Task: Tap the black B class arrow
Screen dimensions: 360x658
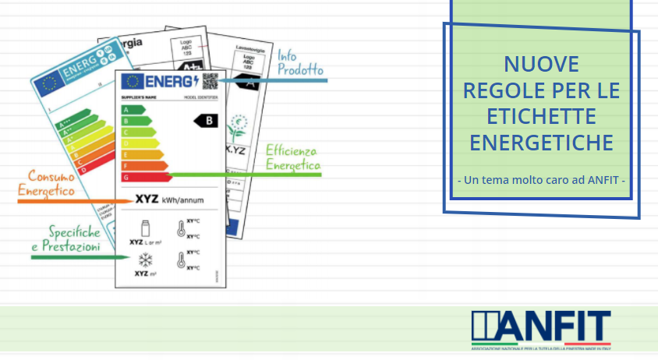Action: [x=207, y=120]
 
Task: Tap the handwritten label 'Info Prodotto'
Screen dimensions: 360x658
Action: [x=299, y=64]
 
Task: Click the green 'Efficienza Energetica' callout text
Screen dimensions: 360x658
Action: [x=292, y=157]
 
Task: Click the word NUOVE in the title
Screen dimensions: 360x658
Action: [x=541, y=64]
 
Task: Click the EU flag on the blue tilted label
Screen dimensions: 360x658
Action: [x=51, y=84]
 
